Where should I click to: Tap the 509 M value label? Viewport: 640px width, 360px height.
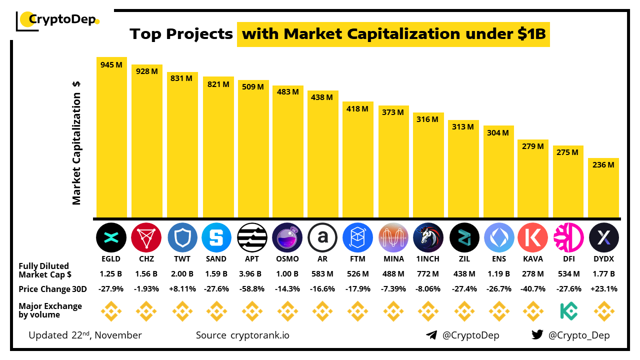click(x=253, y=87)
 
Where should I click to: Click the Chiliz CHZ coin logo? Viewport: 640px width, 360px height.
click(x=146, y=237)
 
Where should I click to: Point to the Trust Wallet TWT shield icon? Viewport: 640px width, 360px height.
click(x=182, y=237)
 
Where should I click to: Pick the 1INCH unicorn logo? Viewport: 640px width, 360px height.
click(x=428, y=237)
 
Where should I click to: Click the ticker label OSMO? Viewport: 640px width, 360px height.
click(x=287, y=259)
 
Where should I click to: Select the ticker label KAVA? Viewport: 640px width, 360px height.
click(x=533, y=259)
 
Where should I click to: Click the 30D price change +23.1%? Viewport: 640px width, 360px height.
click(x=604, y=289)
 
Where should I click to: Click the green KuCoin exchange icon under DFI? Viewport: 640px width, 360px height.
click(x=568, y=311)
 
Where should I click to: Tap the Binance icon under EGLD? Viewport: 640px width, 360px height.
click(x=111, y=311)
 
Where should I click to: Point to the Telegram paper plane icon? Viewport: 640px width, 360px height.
click(x=431, y=335)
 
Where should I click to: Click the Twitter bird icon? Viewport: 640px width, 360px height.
click(x=537, y=335)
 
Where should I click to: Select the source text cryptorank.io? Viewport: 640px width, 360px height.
click(x=260, y=335)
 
